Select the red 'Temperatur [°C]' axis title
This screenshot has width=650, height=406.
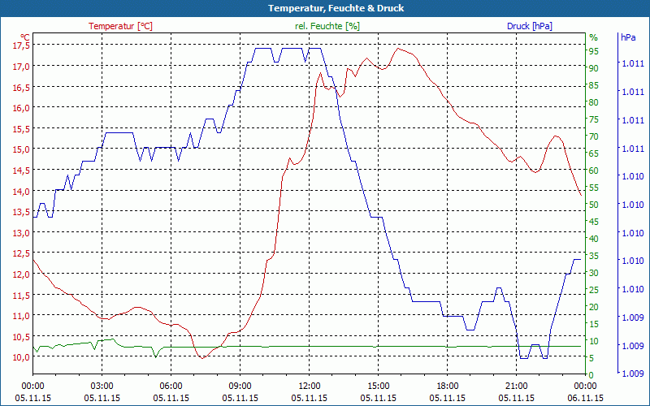(x=120, y=26)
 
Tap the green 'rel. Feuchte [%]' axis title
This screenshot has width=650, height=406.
(x=327, y=26)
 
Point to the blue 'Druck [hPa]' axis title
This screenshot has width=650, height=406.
(x=530, y=26)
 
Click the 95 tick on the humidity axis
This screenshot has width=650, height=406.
(x=594, y=51)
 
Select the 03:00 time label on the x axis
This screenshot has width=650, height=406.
(x=102, y=387)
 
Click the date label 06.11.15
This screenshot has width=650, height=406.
(x=586, y=398)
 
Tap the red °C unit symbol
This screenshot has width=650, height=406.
(x=25, y=37)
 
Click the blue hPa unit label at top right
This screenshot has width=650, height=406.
(x=628, y=37)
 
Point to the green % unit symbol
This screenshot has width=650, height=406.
(x=593, y=37)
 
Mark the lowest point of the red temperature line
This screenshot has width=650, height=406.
(x=201, y=357)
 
